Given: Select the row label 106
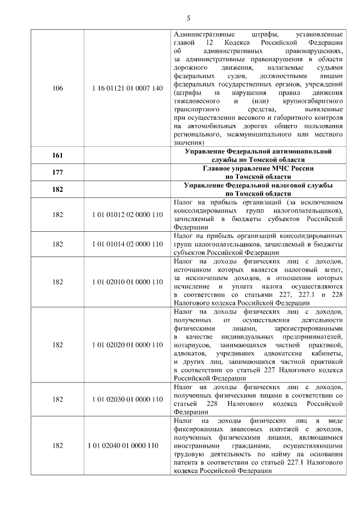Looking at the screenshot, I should click(57, 88).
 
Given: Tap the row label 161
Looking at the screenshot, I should click(57, 155).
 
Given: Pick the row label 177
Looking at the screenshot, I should click(57, 172).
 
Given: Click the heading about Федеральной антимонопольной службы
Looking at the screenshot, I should click(258, 155).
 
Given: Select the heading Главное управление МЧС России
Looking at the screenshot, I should click(258, 168).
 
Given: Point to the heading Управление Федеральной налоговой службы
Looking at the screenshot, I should click(258, 185).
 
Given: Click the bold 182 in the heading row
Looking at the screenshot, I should click(57, 189).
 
